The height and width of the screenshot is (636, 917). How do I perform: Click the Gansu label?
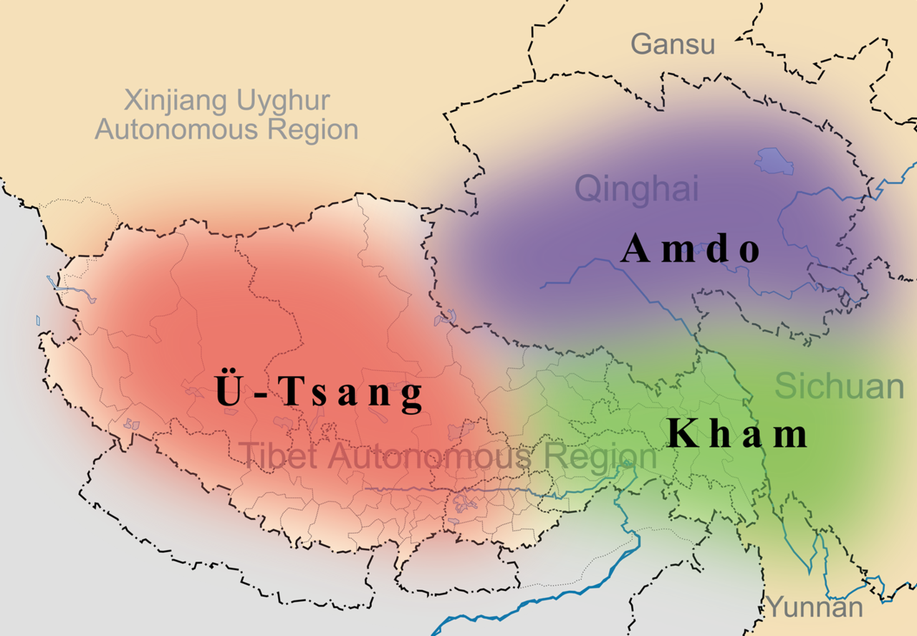tap(673, 44)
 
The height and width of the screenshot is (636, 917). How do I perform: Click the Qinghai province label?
tap(636, 189)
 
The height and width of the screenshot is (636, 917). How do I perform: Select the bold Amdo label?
tap(690, 250)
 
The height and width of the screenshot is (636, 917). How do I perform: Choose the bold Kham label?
tap(737, 433)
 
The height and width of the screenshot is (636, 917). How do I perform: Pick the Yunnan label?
tap(815, 607)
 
